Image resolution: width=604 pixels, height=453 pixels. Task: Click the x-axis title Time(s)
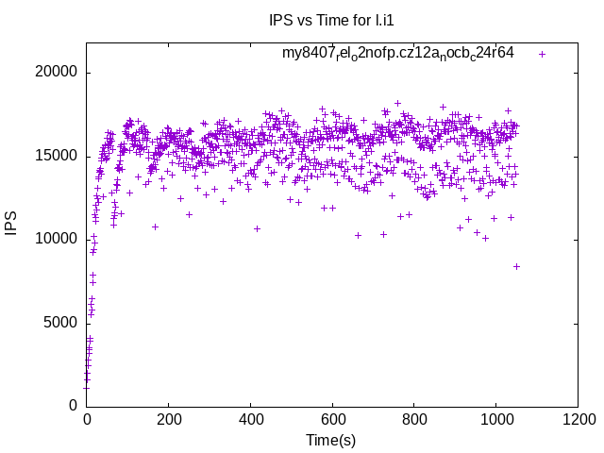click(331, 440)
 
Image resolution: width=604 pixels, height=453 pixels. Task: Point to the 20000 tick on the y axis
click(56, 73)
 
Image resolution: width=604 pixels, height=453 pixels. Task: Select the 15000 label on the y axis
click(56, 156)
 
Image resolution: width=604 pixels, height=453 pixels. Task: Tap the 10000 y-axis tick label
click(56, 239)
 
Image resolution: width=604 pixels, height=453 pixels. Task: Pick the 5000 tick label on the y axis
click(59, 322)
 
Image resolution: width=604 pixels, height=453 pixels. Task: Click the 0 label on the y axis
click(73, 405)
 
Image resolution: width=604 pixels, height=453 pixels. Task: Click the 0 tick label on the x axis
click(87, 420)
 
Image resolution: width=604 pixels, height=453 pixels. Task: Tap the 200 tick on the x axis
click(168, 420)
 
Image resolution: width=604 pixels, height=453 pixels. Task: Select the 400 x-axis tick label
click(250, 420)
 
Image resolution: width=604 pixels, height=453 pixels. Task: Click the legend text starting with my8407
click(398, 53)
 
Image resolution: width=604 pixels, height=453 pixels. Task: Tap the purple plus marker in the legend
click(542, 54)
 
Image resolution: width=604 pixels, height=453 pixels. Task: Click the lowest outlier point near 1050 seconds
click(516, 266)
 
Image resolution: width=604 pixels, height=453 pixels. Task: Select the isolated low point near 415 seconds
click(257, 228)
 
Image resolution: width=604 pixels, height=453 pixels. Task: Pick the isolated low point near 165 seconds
click(155, 226)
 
